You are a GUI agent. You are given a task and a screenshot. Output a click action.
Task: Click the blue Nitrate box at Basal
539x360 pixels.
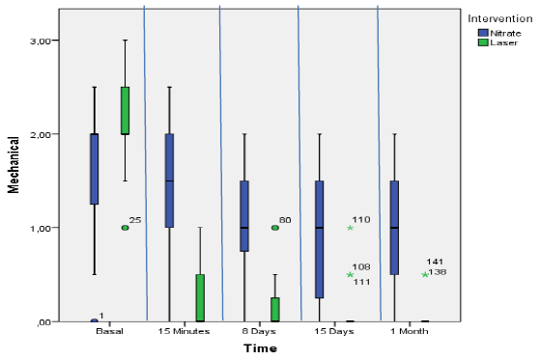pyautogui.click(x=95, y=169)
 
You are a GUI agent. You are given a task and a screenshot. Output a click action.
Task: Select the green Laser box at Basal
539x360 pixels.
pyautogui.click(x=126, y=110)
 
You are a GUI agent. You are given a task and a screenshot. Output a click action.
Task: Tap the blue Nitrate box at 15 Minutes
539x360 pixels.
pyautogui.click(x=170, y=180)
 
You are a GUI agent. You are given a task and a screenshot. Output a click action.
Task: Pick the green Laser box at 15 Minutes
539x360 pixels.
pyautogui.click(x=201, y=297)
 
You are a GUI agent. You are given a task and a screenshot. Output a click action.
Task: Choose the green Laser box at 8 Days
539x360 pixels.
pyautogui.click(x=275, y=309)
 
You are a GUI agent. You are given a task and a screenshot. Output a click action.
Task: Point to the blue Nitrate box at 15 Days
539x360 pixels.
pyautogui.click(x=320, y=238)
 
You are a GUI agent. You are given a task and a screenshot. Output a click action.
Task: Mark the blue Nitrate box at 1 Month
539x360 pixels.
pyautogui.click(x=394, y=228)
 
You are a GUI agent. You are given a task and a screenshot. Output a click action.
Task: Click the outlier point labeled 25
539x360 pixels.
pyautogui.click(x=126, y=228)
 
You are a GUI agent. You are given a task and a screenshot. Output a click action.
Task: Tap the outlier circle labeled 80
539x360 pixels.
pyautogui.click(x=275, y=228)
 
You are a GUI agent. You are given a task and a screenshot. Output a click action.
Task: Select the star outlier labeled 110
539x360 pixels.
pyautogui.click(x=351, y=228)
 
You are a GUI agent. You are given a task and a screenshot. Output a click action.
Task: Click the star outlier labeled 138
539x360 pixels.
pyautogui.click(x=425, y=274)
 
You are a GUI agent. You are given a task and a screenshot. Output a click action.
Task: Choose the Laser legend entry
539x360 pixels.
pyautogui.click(x=500, y=42)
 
